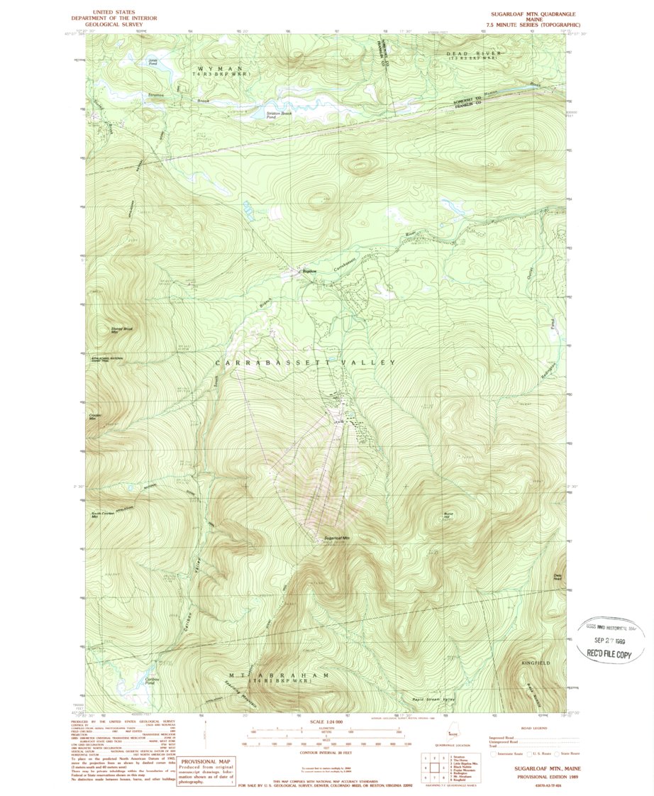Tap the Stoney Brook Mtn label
[x=122, y=330]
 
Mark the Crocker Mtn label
[x=96, y=417]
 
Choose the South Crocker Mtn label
[x=102, y=514]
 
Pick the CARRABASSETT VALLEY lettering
[x=305, y=363]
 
